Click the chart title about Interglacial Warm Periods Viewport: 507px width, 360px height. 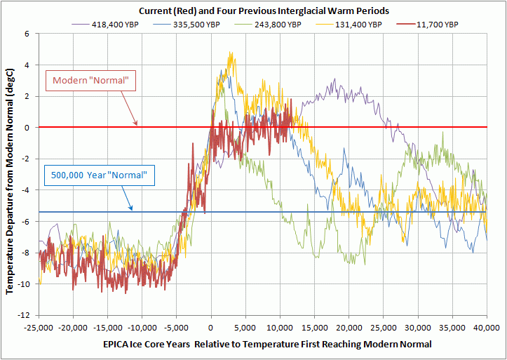[x=264, y=11]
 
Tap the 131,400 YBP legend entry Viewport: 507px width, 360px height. [x=356, y=24]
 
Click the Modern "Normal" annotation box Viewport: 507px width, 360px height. [x=90, y=81]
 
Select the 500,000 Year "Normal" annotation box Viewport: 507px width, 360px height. [x=98, y=175]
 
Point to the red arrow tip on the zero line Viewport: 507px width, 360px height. [x=138, y=126]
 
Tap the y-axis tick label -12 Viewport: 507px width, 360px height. [x=24, y=315]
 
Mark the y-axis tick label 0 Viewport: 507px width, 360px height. [x=27, y=128]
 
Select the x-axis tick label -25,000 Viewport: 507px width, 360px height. [x=39, y=327]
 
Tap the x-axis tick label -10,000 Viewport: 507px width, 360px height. [x=142, y=327]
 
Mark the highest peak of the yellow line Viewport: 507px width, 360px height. [x=231, y=53]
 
